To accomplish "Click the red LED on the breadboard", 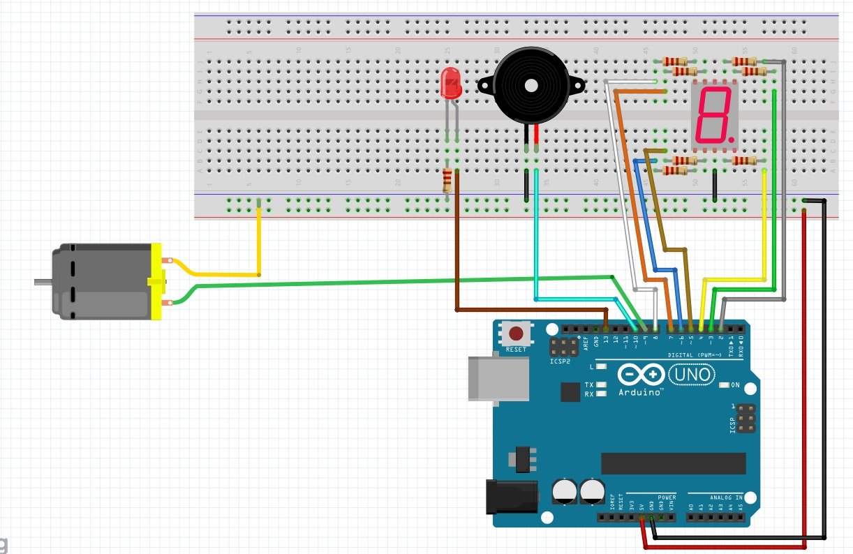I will [x=451, y=84].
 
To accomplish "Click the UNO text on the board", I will [x=692, y=375].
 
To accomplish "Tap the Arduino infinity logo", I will [x=640, y=375].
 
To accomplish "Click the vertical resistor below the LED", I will [x=447, y=181].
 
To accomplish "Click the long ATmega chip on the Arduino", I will [x=674, y=463].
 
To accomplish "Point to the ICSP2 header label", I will [x=560, y=363].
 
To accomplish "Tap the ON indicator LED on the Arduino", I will [x=723, y=384].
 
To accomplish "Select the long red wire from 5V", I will [x=804, y=384].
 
